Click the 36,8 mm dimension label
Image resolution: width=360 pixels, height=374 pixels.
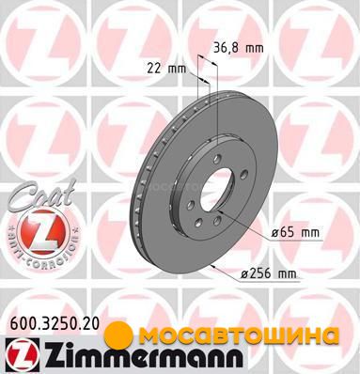(x=239, y=48)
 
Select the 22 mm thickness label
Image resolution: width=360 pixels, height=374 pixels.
(x=166, y=69)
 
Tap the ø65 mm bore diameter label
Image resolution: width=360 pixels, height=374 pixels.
(x=295, y=232)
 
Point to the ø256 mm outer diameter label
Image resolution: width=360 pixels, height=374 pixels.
(x=268, y=273)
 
